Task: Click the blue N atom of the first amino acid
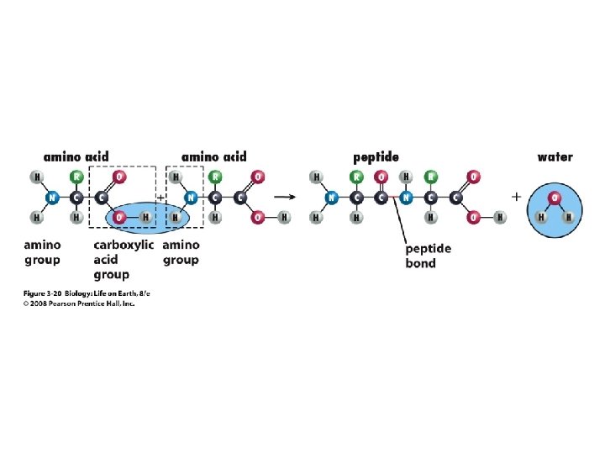click(x=52, y=198)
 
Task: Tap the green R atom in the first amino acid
click(x=76, y=178)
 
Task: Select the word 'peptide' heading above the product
click(x=376, y=157)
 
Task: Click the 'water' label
click(x=555, y=156)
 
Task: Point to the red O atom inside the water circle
click(x=553, y=198)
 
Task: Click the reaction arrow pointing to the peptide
click(x=287, y=198)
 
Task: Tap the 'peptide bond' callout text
click(x=428, y=256)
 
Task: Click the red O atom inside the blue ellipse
click(x=119, y=217)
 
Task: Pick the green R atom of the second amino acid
click(x=214, y=178)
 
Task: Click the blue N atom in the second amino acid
click(x=191, y=198)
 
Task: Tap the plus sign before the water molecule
click(x=516, y=197)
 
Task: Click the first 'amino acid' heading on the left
click(x=76, y=157)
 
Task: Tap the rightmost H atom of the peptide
click(x=501, y=217)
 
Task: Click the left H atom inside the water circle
click(x=542, y=216)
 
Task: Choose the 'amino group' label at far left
click(x=41, y=252)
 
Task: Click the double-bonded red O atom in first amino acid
click(x=119, y=178)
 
